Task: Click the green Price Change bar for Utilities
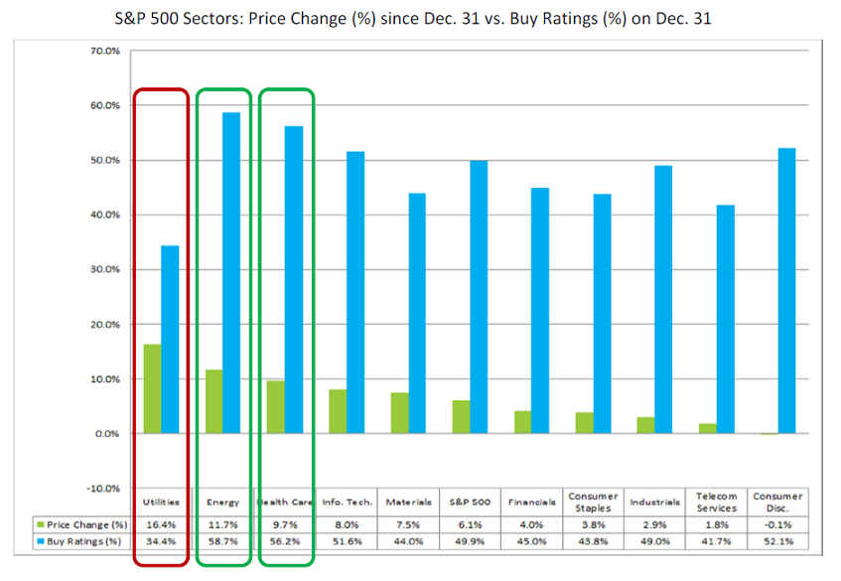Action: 152,389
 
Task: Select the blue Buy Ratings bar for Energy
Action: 230,273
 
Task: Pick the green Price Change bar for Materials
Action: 398,413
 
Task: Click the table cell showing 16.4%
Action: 161,523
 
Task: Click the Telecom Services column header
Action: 716,502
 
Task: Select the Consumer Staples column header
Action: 593,502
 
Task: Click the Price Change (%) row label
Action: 84,523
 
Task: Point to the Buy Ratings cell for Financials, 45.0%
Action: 531,542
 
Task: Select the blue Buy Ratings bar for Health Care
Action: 294,280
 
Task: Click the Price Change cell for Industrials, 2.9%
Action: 654,523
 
